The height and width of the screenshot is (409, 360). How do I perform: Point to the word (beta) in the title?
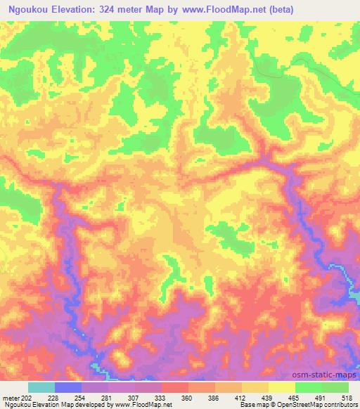point(278,10)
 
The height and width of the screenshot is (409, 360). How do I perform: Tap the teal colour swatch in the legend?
point(41,387)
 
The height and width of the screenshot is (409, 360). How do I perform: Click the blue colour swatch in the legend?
point(68,387)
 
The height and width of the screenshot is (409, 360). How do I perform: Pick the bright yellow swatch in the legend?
point(281,387)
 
